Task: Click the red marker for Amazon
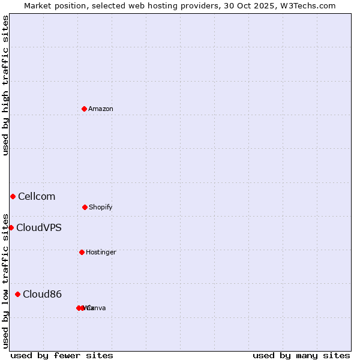(84, 109)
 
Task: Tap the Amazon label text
(101, 109)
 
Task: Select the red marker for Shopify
(85, 207)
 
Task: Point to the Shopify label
(101, 208)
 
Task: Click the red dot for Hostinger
(82, 252)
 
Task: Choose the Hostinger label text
(101, 253)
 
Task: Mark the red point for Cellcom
(13, 196)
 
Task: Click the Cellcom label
(37, 197)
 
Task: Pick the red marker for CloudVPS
(11, 227)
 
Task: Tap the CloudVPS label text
(39, 228)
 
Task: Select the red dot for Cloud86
(17, 294)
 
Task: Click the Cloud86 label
(42, 295)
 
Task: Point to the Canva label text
(96, 308)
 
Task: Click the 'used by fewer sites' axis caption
(62, 355)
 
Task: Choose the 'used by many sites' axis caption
(301, 355)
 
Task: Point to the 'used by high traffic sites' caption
(5, 85)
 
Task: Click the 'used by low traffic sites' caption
(5, 280)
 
